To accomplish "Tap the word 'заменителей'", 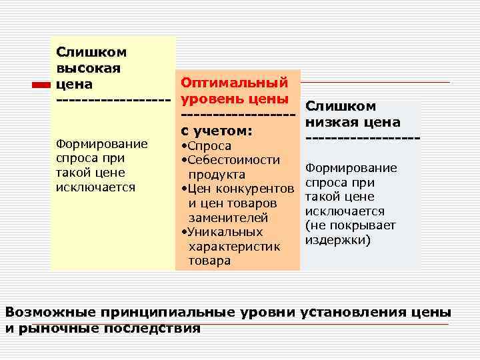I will pos(229,218).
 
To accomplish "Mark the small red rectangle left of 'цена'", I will pos(41,85).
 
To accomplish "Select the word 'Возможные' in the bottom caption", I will pos(51,312).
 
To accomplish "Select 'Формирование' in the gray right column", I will pos(350,167).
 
